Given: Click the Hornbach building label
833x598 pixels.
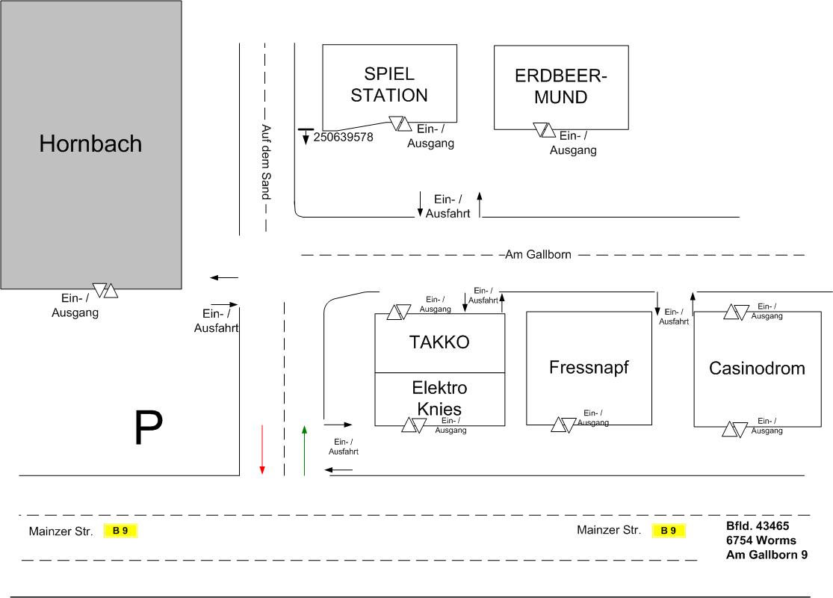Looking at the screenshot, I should tap(90, 144).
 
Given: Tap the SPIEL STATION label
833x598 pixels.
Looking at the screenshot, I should tap(389, 84).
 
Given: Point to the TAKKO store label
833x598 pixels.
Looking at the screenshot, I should tap(439, 342).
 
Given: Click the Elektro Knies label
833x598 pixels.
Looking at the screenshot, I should tap(439, 398).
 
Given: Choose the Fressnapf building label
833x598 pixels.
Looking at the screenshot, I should tap(589, 367).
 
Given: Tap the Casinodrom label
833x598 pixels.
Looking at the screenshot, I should tap(757, 368).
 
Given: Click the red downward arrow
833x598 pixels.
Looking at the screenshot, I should tap(262, 449).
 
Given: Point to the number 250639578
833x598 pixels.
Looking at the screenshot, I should tap(343, 138).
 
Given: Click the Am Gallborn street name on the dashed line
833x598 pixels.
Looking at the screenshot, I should tap(538, 255).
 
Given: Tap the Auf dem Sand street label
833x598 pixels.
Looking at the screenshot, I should tap(264, 161).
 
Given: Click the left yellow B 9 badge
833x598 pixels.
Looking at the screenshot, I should tap(121, 531).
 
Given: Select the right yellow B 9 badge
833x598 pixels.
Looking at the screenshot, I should tap(669, 531).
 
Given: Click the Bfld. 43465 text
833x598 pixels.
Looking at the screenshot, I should tap(758, 525).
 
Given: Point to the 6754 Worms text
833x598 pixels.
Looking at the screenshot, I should tap(761, 540).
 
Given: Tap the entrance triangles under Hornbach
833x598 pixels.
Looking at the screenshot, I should tap(105, 290).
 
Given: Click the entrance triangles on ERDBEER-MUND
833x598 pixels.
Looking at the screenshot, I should tap(545, 131).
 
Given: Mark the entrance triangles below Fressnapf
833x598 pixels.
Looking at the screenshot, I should tap(563, 425).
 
